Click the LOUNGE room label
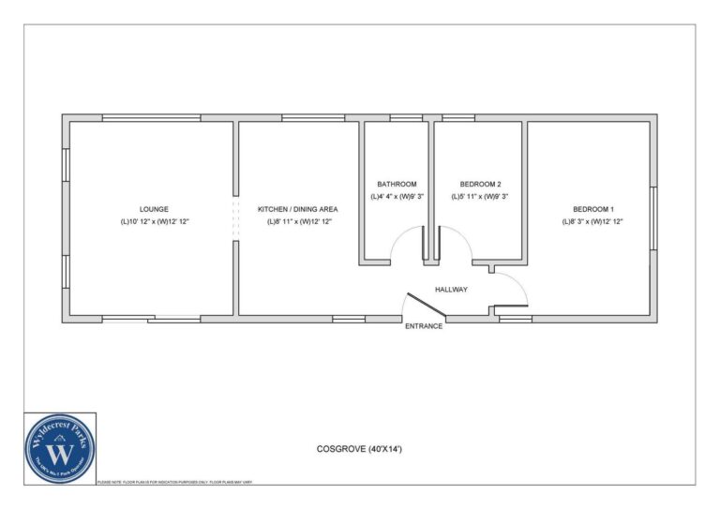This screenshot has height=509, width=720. coord(154,209)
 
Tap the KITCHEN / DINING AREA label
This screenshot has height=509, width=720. coord(298,209)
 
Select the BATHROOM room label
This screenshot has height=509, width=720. coord(397,184)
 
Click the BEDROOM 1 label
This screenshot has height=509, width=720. coord(593,209)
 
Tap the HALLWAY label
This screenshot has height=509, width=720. coord(451,289)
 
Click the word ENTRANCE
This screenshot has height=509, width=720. coord(423,326)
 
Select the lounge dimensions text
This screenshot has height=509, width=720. coord(154,222)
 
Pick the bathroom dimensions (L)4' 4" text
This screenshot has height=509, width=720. coord(397,197)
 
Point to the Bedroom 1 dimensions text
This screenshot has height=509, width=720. coord(593,222)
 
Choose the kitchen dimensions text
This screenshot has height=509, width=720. coord(298,222)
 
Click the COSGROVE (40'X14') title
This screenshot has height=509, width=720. coord(359,449)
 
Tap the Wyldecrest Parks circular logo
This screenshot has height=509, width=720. coord(60,449)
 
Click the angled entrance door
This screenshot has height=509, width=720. coord(423,307)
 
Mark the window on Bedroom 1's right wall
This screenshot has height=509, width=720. coord(652,217)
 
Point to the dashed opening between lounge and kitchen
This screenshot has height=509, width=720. coord(234,218)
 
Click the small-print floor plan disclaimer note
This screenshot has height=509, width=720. coord(174,482)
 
